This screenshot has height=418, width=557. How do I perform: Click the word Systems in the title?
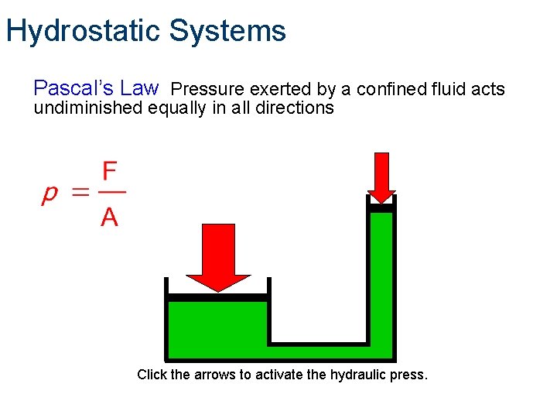227,31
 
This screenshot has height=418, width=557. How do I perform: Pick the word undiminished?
88,108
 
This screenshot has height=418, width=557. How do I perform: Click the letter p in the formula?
49,194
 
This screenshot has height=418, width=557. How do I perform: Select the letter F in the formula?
110,170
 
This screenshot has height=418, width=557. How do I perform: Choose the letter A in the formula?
110,218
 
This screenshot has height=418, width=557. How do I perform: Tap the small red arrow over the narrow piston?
381,176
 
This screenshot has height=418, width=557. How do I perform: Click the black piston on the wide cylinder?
218,297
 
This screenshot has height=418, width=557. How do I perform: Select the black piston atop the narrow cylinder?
381,207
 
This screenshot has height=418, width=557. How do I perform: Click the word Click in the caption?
152,375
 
